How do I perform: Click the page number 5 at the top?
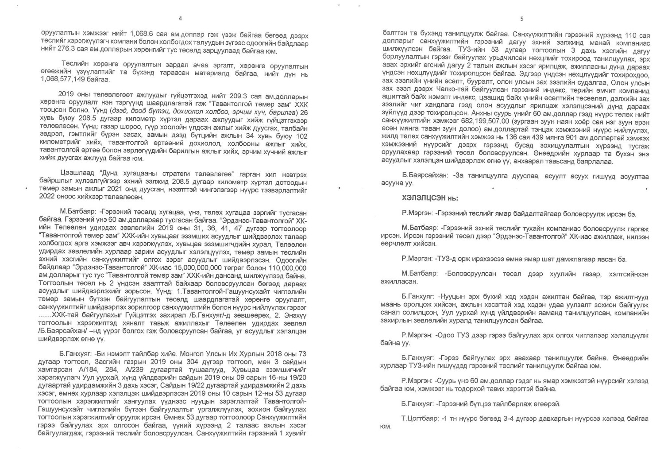(522, 19)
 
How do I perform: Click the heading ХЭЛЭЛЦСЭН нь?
(430, 198)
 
